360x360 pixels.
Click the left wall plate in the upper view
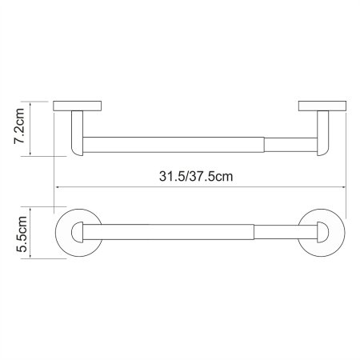pos(78,106)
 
